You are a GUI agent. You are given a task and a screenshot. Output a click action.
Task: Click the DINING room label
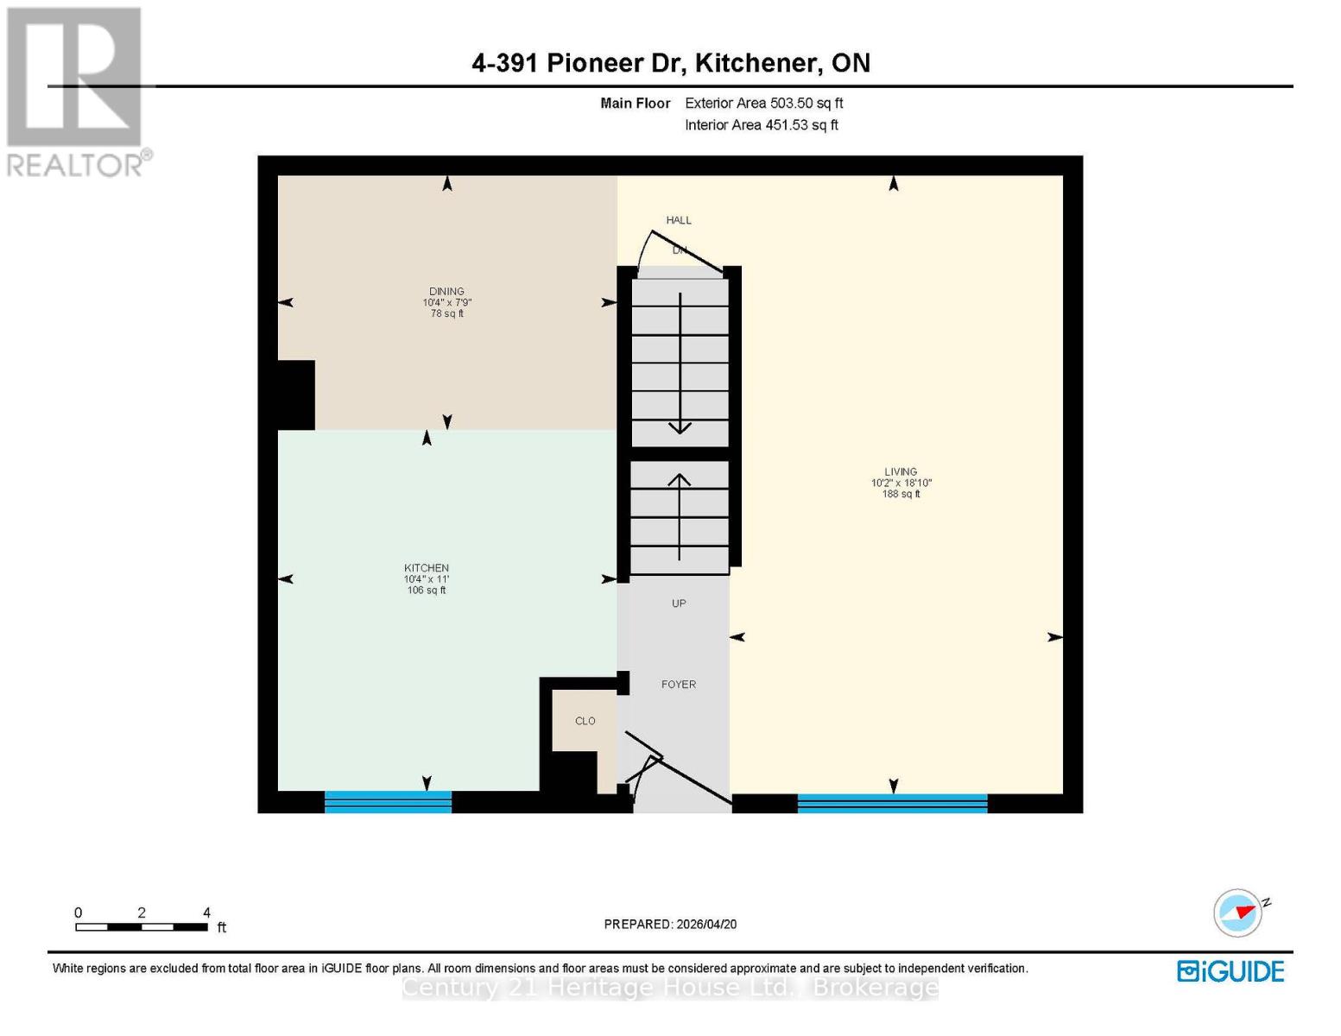coord(446,292)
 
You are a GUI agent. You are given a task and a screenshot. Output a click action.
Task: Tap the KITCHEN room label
coord(427,568)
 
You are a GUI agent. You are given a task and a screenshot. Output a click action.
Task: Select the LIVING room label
coord(901,472)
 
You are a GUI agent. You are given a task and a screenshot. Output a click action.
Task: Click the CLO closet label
coord(585,721)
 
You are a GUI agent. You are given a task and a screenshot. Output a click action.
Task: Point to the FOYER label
coord(679,685)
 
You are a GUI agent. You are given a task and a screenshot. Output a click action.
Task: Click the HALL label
coord(679,220)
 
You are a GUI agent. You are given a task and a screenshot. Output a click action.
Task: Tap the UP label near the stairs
coord(679,603)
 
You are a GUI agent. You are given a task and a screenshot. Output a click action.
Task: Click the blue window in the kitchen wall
coord(388,802)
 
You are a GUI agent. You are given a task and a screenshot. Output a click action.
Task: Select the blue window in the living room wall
coord(892,804)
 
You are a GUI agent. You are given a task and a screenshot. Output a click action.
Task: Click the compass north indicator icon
coord(1239,913)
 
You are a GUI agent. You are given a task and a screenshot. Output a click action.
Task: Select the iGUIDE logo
coord(1230,971)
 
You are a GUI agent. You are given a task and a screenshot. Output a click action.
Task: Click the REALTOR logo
coord(76,92)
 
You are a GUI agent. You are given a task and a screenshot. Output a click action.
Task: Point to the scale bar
coord(142,927)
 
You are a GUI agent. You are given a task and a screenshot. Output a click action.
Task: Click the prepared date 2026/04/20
coord(670,924)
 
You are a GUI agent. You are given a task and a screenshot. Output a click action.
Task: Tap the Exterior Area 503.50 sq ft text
coord(763,103)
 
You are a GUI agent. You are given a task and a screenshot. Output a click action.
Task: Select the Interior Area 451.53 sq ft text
coord(762,125)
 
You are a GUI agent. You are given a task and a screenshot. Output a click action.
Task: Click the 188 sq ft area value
coord(901,495)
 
